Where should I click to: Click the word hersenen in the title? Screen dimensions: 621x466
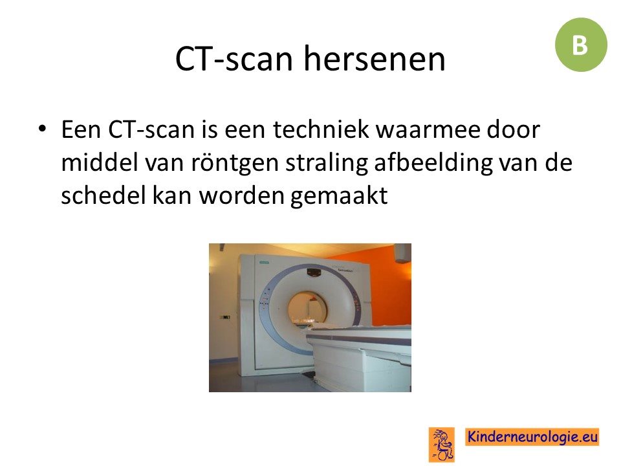(375, 59)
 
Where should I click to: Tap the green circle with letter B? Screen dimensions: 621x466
(581, 45)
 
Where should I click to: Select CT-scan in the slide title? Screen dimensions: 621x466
(234, 59)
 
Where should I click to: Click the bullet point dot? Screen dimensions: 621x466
(42, 129)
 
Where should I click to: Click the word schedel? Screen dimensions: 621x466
(103, 195)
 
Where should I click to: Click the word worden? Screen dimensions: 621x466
(241, 195)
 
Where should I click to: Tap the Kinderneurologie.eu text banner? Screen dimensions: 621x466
(532, 437)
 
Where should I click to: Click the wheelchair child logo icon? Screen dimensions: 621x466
(442, 444)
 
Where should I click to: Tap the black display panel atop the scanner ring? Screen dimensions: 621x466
(314, 273)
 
